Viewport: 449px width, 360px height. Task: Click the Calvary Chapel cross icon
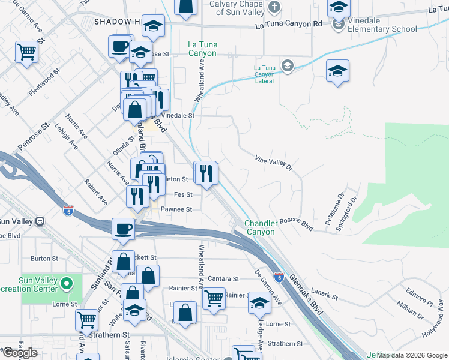(274, 8)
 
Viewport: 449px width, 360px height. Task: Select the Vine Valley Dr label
(273, 162)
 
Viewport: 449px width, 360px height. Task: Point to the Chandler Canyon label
(259, 228)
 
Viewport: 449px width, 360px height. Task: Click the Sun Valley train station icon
(41, 221)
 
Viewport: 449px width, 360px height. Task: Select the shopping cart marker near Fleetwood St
(27, 52)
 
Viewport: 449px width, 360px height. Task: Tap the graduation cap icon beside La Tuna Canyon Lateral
(288, 66)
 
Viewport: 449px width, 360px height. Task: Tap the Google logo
(19, 353)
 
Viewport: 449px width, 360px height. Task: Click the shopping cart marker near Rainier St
(214, 298)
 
